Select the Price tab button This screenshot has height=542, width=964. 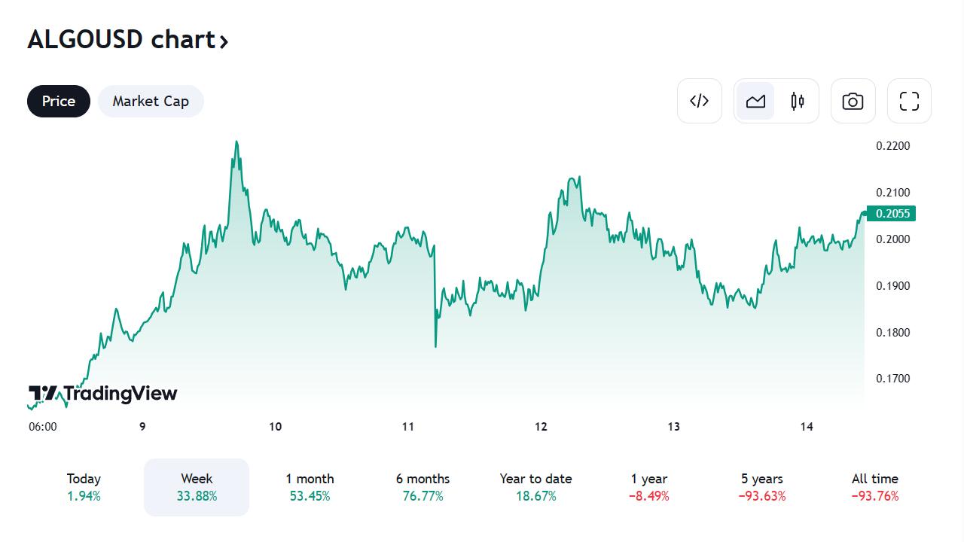tap(59, 101)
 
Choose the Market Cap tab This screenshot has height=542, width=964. tap(151, 101)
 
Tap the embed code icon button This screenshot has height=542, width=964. tap(700, 101)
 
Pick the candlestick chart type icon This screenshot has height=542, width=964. tap(798, 101)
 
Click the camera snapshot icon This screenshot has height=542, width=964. tap(853, 101)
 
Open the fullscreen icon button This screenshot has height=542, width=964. tap(909, 101)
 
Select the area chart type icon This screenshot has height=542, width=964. tap(755, 101)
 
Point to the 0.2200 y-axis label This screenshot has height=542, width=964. tap(892, 146)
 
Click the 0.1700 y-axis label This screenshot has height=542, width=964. tap(892, 379)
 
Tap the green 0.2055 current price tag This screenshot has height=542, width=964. tap(892, 214)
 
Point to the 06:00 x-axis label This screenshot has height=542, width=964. tap(43, 427)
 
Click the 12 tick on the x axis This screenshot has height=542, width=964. tap(541, 427)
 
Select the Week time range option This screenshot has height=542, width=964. tap(197, 486)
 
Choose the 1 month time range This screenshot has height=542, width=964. tap(310, 486)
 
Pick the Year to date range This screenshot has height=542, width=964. tap(535, 486)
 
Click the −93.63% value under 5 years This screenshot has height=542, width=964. tap(761, 496)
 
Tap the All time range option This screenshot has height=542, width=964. tap(874, 486)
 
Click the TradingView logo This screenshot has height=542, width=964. tap(103, 394)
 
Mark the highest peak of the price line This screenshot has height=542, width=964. tap(236, 142)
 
